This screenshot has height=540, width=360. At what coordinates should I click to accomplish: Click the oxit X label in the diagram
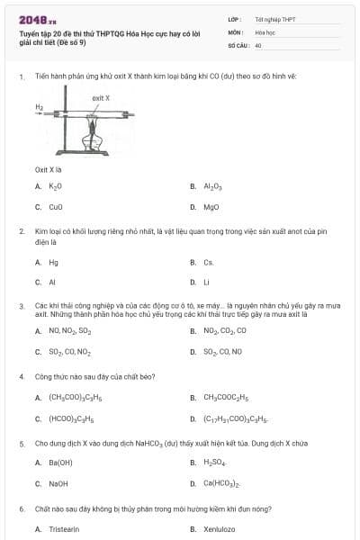coord(101,97)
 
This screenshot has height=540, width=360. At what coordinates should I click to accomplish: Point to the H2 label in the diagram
coord(40,106)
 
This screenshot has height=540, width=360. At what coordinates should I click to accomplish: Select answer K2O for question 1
coord(55,186)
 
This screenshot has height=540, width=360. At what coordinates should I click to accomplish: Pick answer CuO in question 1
coord(56,206)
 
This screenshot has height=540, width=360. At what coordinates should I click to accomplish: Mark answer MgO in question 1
coord(211,206)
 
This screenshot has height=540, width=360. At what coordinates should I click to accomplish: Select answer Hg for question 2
coord(53,263)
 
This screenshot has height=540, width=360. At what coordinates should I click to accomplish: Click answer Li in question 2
coord(207,283)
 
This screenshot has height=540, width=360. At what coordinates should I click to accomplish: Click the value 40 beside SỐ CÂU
coord(258,44)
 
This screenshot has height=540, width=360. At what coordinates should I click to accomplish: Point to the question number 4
coord(22,375)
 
